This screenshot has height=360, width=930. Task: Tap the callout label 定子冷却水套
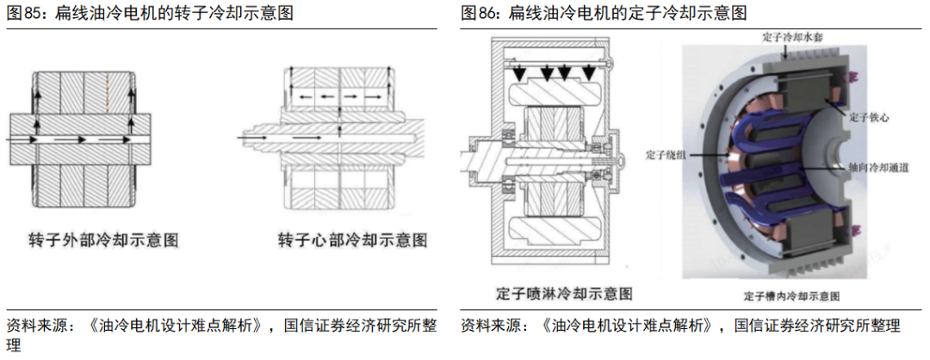click(795, 38)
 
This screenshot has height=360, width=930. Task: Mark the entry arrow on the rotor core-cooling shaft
click(249, 135)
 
